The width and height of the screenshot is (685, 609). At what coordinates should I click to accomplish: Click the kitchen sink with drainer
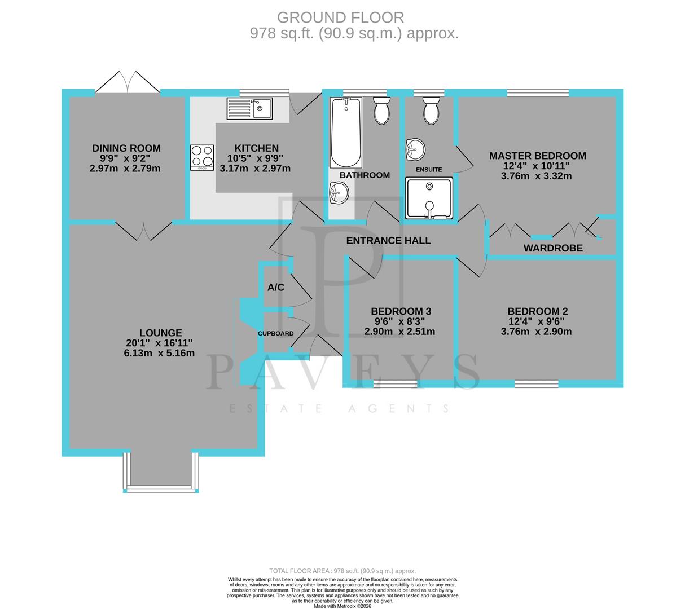pyautogui.click(x=249, y=108)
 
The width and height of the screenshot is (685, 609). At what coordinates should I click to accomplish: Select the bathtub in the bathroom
pyautogui.click(x=345, y=132)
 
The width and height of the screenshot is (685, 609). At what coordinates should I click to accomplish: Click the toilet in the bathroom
pyautogui.click(x=382, y=110)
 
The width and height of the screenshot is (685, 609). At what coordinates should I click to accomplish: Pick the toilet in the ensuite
pyautogui.click(x=431, y=110)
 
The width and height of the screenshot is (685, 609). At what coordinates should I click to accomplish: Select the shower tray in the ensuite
pyautogui.click(x=429, y=198)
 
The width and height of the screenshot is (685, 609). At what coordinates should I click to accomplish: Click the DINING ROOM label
pyautogui.click(x=126, y=148)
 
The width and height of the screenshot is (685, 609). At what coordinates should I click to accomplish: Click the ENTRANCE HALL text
pyautogui.click(x=388, y=241)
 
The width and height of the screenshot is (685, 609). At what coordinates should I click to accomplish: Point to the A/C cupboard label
pyautogui.click(x=276, y=288)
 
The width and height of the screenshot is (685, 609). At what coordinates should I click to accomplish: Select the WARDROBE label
pyautogui.click(x=553, y=248)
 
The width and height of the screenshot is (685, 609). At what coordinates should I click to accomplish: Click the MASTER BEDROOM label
pyautogui.click(x=537, y=156)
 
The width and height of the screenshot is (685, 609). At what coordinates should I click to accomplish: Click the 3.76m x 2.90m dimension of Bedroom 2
pyautogui.click(x=536, y=332)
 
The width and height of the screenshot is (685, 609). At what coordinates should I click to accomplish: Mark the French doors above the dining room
pyautogui.click(x=128, y=83)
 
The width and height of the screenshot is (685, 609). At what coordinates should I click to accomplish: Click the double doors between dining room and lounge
pyautogui.click(x=144, y=231)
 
